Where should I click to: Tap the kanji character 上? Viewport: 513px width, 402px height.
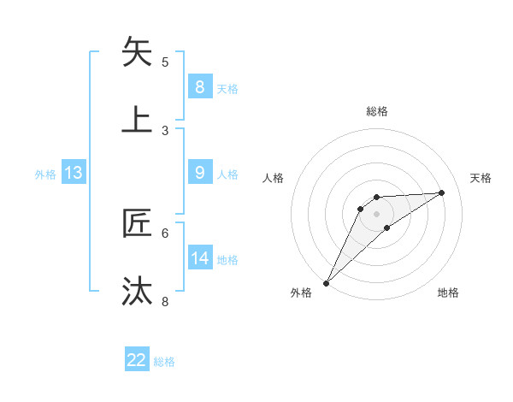coord(139,119)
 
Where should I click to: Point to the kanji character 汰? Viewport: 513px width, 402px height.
coord(139,291)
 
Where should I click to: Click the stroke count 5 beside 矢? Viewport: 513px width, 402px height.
coord(165,62)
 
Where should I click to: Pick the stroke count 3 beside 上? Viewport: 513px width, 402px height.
coord(165,130)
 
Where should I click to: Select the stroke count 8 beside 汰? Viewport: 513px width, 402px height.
coord(165,301)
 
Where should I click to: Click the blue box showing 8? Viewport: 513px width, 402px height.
coord(199,86)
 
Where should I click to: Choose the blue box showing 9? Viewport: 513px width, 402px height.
coord(199,173)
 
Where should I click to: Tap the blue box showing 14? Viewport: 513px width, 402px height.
coord(199,258)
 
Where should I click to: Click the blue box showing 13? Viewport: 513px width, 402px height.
coord(74,173)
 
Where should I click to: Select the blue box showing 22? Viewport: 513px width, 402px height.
coord(137,360)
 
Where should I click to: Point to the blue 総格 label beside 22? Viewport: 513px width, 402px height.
coord(164,362)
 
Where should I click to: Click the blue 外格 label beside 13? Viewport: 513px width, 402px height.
coord(45,174)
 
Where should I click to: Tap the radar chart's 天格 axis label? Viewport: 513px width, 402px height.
coord(481,178)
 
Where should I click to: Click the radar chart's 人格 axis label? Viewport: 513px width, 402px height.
coord(274,178)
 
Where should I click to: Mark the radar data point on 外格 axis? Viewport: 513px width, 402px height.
coord(326,282)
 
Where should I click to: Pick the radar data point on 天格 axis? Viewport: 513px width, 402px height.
coord(442,192)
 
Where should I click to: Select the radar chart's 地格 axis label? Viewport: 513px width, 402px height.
coord(448,293)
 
